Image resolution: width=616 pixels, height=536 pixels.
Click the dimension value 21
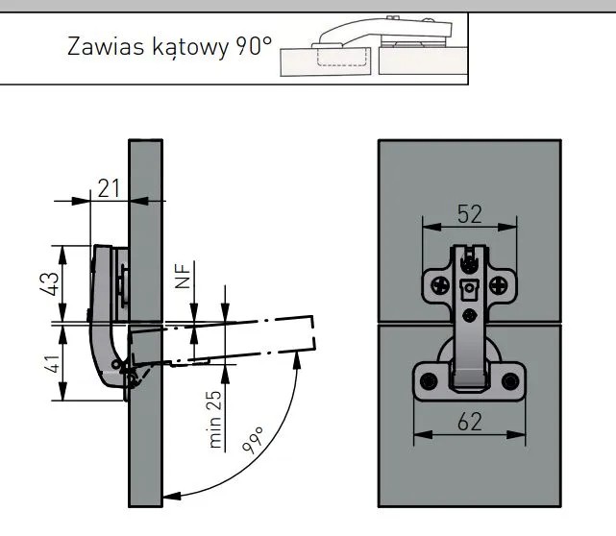(x=109, y=187)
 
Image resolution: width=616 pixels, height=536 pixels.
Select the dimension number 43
(x=55, y=283)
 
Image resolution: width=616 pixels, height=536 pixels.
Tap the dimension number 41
(x=55, y=363)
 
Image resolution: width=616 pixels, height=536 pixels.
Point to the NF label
(x=182, y=278)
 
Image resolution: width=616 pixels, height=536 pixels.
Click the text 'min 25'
(x=215, y=419)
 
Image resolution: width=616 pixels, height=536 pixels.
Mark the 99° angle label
(x=253, y=444)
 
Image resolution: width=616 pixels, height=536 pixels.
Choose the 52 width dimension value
(x=469, y=214)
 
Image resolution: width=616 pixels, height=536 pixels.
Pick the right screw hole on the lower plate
(x=509, y=382)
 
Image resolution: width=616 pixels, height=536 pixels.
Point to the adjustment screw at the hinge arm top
(x=469, y=260)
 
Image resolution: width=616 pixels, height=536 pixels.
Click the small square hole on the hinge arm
(x=469, y=314)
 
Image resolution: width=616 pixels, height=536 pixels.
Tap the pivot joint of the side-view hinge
(x=117, y=366)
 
